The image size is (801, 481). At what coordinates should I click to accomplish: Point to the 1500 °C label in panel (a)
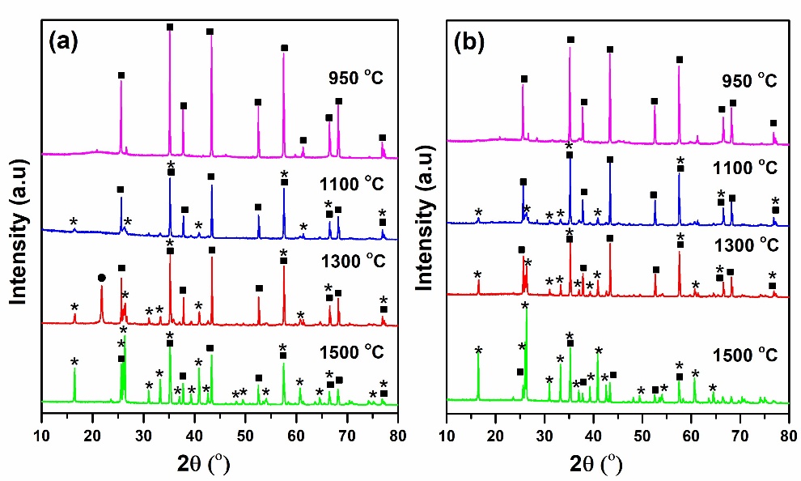coord(350,353)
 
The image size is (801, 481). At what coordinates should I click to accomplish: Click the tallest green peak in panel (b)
coord(527,312)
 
